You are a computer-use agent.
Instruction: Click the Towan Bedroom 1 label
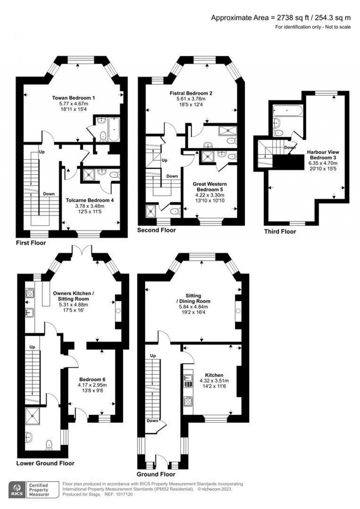[x=73, y=98]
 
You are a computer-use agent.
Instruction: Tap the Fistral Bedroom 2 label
[x=191, y=93]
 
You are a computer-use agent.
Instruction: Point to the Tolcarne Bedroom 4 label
[x=90, y=200]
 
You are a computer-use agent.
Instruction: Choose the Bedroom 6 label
[x=92, y=379]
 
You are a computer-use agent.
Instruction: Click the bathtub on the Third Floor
[x=288, y=110]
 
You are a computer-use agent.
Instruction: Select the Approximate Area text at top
[x=281, y=18]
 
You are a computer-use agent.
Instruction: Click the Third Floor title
[x=280, y=231]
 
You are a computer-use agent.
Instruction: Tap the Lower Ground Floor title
[x=45, y=463]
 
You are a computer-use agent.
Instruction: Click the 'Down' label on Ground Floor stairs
[x=152, y=421]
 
